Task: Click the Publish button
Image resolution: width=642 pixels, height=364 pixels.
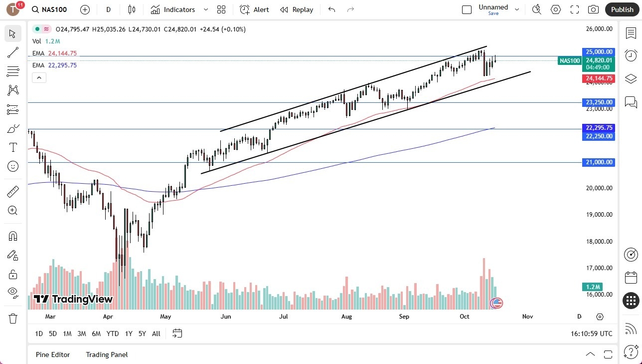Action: pos(622,9)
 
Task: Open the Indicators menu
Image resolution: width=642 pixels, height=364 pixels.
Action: pos(173,9)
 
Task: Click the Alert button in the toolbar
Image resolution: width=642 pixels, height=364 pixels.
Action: pos(254,9)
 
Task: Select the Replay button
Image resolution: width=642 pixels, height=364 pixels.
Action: pos(297,9)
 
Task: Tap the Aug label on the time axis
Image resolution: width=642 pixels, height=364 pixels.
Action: pos(346,317)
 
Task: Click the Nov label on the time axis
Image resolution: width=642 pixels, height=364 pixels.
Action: pos(527,317)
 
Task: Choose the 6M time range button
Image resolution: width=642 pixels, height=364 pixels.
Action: pos(96,334)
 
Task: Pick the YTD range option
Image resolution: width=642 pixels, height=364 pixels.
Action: pos(113,334)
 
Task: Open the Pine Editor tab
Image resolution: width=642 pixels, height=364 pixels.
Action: pos(53,355)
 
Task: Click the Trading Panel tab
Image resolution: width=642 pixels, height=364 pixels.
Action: pos(107,355)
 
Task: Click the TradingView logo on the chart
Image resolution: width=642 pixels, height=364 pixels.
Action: pos(73,299)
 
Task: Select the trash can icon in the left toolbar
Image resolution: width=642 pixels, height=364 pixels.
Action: pos(13,318)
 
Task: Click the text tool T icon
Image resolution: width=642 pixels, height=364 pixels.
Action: pos(13,147)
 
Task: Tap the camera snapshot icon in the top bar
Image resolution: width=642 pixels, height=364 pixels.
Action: pos(593,9)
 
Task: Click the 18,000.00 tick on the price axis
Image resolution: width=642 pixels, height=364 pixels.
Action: pos(599,241)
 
